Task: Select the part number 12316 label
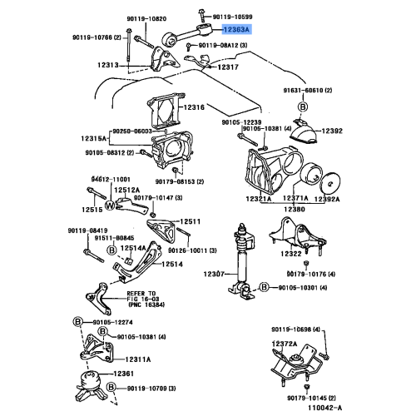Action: (x=193, y=108)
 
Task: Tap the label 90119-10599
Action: (x=237, y=15)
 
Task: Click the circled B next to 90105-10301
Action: (x=263, y=287)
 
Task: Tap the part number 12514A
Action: (x=132, y=248)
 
